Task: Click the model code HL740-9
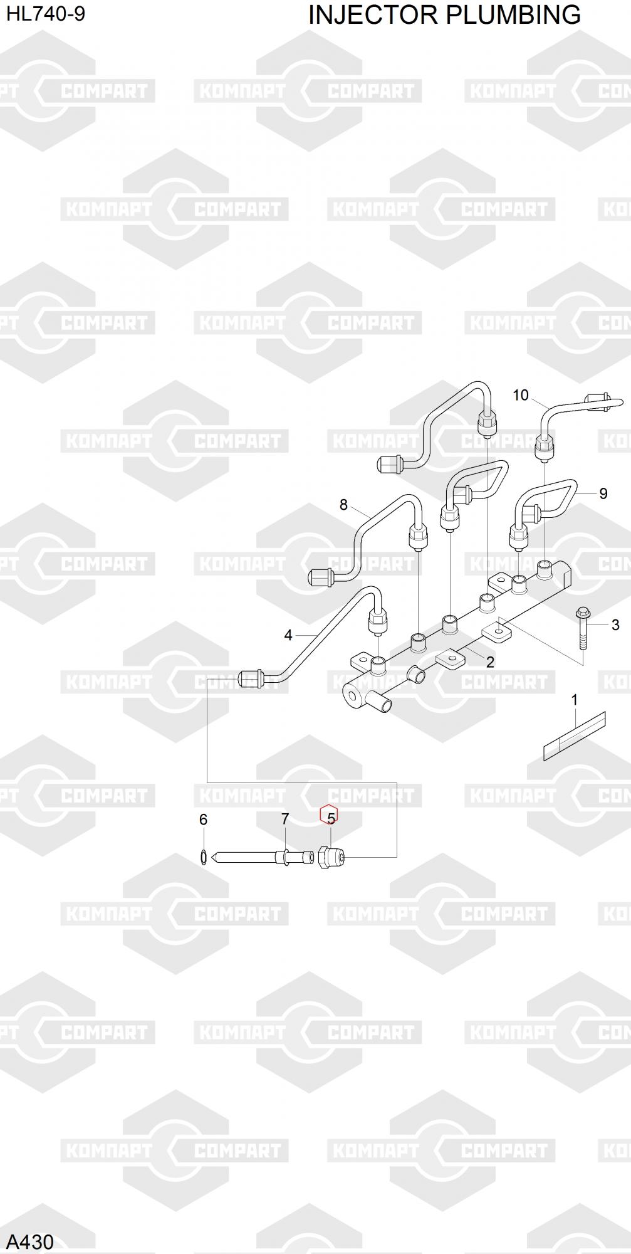46,14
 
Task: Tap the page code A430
30,1241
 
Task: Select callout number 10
521,395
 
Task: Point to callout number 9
603,493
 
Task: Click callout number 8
343,505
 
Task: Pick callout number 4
288,635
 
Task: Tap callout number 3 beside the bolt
615,624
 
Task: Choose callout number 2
490,662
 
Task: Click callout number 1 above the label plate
575,700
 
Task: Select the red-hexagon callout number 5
330,818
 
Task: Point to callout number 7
285,819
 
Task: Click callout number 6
203,819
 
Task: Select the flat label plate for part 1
575,736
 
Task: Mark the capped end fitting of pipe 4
250,678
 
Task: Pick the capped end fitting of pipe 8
321,576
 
